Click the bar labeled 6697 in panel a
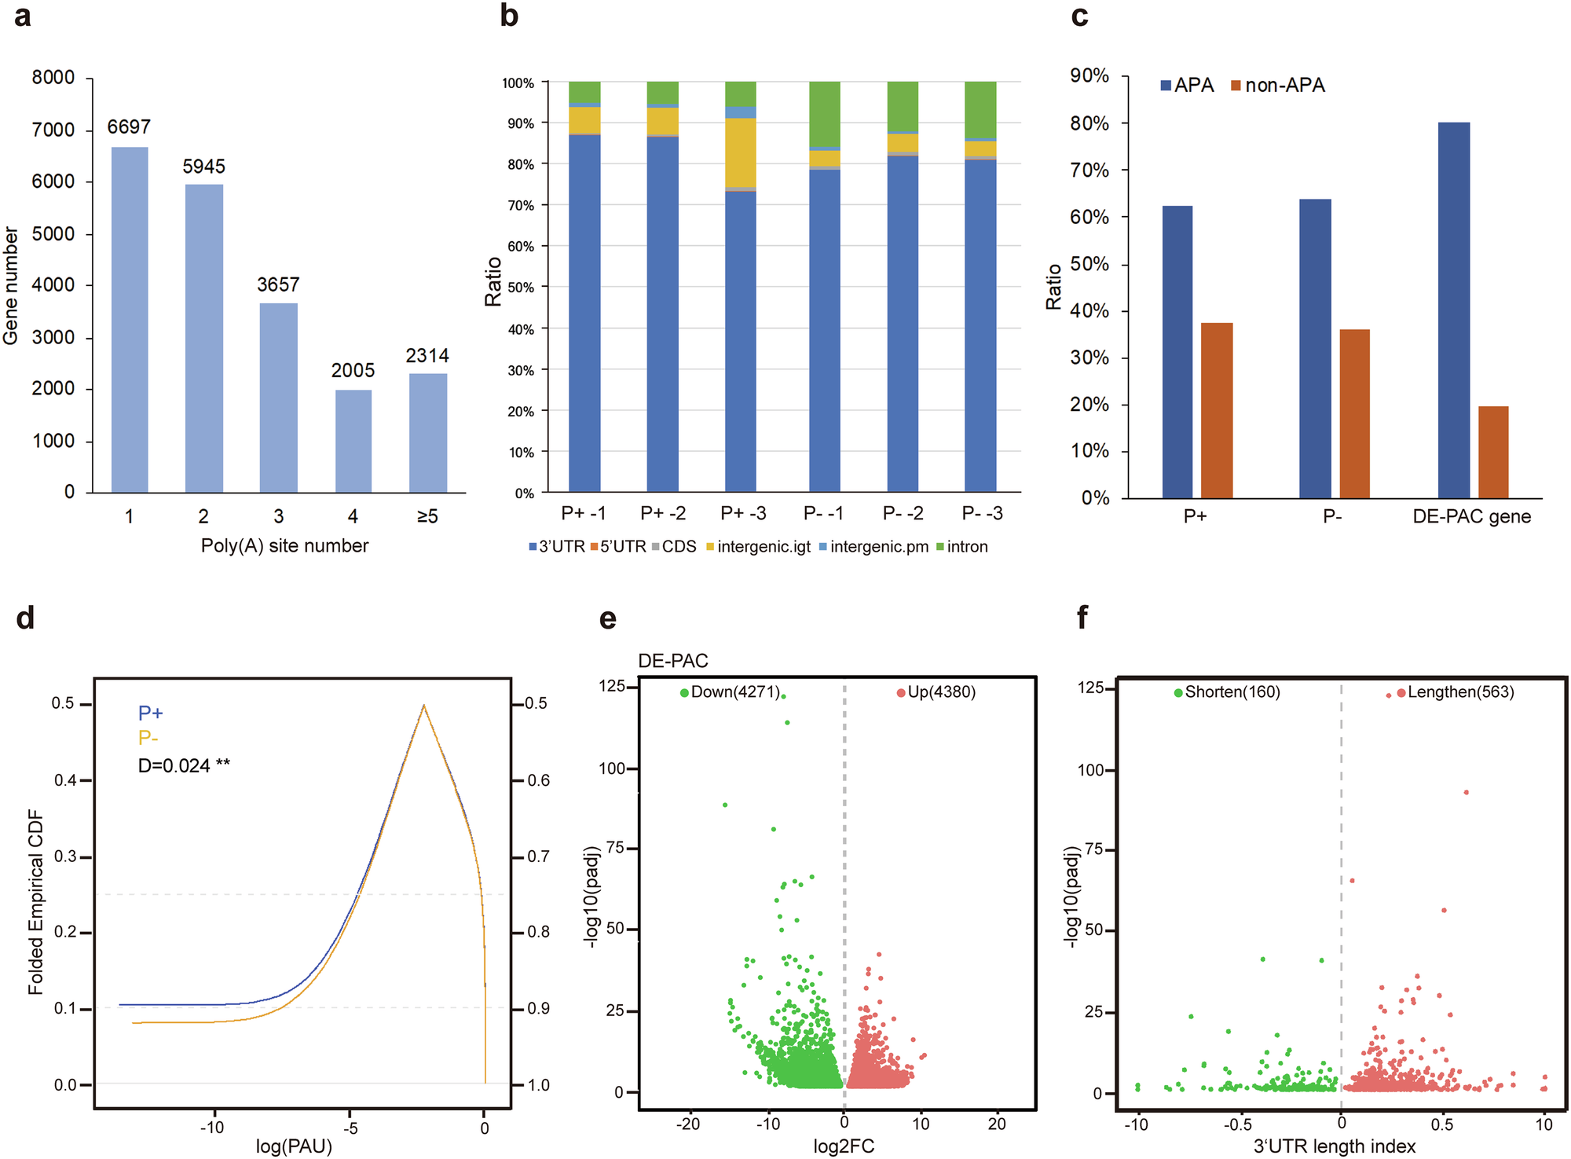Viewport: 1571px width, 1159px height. pos(130,320)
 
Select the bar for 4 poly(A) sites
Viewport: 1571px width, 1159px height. pos(353,441)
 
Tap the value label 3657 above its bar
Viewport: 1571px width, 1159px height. pos(278,284)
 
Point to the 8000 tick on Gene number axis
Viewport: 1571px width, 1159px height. pos(53,78)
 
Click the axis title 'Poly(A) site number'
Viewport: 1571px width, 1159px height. pos(284,546)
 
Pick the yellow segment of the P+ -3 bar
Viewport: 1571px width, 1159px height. pos(741,152)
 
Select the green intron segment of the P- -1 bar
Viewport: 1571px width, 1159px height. pos(825,114)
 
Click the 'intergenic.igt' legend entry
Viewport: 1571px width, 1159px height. pos(764,547)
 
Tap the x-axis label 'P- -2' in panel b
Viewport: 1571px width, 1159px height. pos(903,513)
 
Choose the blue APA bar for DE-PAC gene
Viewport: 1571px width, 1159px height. pos(1453,310)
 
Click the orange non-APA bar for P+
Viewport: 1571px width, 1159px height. pos(1217,410)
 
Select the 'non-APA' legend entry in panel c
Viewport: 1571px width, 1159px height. pos(1284,86)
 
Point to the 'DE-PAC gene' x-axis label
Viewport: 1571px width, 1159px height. pos(1471,517)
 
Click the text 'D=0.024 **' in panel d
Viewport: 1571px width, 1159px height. pos(184,765)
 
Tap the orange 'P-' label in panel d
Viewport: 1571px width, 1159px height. pos(148,739)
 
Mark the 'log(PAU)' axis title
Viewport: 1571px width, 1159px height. pos(294,1146)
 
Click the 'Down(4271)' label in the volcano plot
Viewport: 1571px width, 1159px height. pos(735,692)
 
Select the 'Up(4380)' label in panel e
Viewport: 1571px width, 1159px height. pos(941,692)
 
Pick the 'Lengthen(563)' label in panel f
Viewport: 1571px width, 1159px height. pos(1460,692)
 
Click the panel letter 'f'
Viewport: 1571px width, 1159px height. pos(1082,618)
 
